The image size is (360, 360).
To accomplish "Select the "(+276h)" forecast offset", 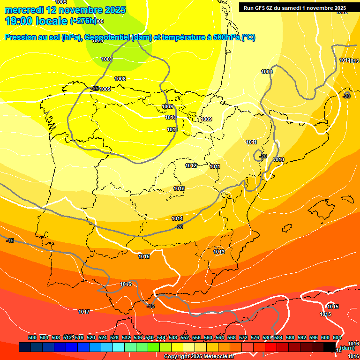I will pyautogui.click(x=83, y=21).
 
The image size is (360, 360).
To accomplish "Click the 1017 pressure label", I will pyautogui.click(x=84, y=312).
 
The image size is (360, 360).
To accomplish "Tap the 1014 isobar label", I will pyautogui.click(x=177, y=218).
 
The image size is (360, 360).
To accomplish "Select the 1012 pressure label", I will pyautogui.click(x=191, y=165).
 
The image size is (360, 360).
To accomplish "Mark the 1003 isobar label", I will pyautogui.click(x=267, y=72).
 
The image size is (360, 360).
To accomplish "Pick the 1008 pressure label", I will pyautogui.click(x=120, y=79).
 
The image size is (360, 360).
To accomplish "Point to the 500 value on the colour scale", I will pyautogui.click(x=32, y=337).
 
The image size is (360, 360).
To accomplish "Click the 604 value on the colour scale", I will pyautogui.click(x=337, y=337).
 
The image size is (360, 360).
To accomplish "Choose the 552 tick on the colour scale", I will pyautogui.click(x=185, y=337).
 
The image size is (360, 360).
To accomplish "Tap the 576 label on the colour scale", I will pyautogui.click(x=255, y=337).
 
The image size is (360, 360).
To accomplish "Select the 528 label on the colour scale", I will pyautogui.click(x=114, y=337).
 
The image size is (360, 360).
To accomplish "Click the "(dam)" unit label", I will pyautogui.click(x=347, y=347).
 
